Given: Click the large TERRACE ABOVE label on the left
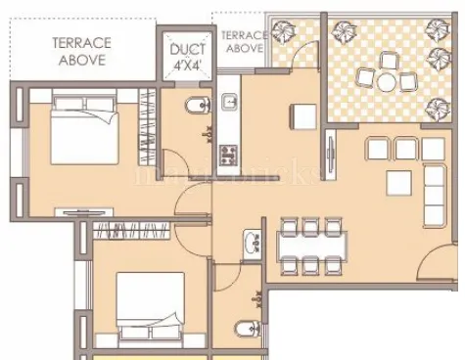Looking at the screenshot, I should pyautogui.click(x=81, y=51).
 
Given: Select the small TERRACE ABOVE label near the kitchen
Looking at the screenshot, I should pyautogui.click(x=244, y=42).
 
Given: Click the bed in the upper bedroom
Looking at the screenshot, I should pyautogui.click(x=85, y=127).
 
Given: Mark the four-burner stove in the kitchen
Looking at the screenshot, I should pyautogui.click(x=229, y=153).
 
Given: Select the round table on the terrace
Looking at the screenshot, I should pyautogui.click(x=387, y=80).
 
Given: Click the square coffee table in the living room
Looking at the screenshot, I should pyautogui.click(x=399, y=183).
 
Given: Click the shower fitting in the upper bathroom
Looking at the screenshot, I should pyautogui.click(x=206, y=134).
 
